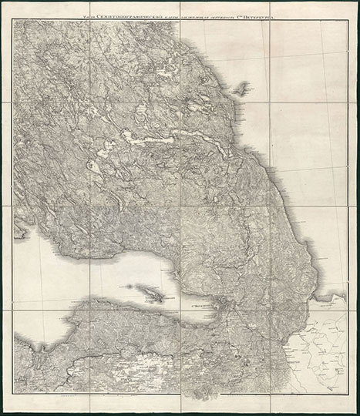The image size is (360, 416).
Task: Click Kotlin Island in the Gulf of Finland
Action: pyautogui.click(x=150, y=292)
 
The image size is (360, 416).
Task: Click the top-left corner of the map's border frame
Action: pyautogui.click(x=13, y=20)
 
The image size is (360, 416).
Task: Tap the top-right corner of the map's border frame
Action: pyautogui.click(x=346, y=20)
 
